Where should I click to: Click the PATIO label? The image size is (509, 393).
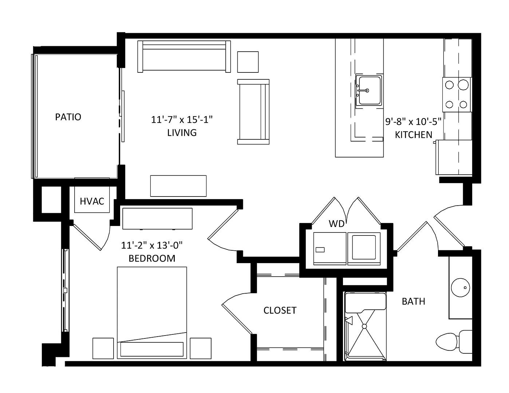[68, 117]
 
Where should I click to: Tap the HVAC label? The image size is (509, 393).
[92, 201]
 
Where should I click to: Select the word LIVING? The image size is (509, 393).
[182, 133]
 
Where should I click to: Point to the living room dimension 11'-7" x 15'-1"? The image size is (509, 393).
[182, 120]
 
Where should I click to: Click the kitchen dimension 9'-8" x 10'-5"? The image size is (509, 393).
[413, 122]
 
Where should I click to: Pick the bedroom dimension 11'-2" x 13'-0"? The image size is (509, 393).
[152, 245]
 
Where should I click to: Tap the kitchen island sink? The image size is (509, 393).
[369, 91]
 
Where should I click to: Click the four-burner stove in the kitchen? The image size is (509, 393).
[457, 95]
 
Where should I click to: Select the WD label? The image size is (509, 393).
[336, 224]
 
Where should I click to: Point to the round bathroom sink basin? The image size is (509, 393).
[461, 287]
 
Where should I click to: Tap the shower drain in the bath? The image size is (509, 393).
[364, 326]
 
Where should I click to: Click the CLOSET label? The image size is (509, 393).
[280, 310]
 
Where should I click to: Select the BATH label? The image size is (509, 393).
[414, 301]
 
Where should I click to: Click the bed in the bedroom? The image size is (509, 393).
[152, 313]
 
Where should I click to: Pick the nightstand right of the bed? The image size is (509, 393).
[201, 348]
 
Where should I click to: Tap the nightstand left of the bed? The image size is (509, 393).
[103, 348]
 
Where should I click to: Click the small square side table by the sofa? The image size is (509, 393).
[248, 62]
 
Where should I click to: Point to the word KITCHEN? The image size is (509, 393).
[414, 135]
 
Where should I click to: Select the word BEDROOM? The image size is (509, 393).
[152, 258]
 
